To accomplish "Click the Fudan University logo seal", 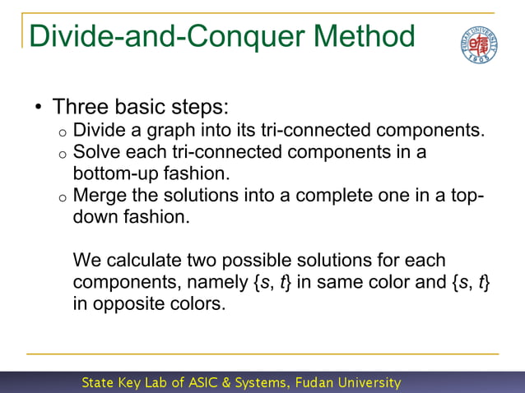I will pos(478,44).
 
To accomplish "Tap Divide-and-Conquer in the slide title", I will pos(156,37).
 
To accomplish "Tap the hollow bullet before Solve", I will pos(63,154).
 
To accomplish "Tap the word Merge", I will pos(98,196).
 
